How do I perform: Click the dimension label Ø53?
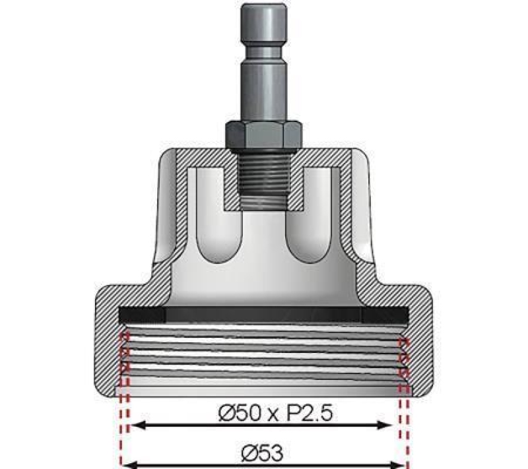pyautogui.click(x=263, y=453)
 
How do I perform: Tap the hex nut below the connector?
pyautogui.click(x=263, y=136)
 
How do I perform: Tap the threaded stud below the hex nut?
pyautogui.click(x=264, y=178)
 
